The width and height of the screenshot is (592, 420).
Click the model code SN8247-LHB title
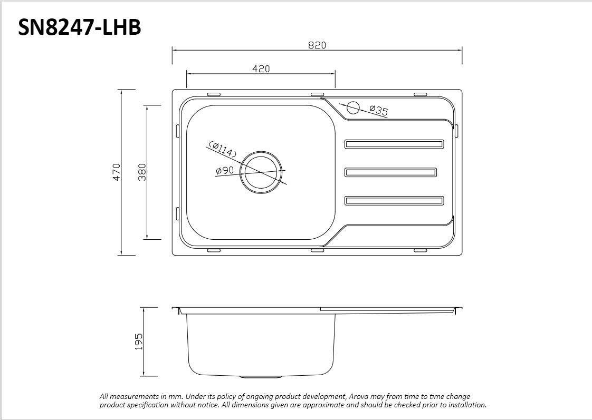coord(80,27)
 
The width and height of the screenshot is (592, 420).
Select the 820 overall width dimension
coord(317,45)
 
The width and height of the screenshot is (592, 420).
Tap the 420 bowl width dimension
coord(261,69)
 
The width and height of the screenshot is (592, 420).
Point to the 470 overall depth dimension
coord(117,172)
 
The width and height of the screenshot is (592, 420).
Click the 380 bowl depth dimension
coord(142,172)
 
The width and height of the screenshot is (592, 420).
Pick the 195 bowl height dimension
coord(139,341)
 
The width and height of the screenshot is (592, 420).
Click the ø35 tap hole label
coord(379,110)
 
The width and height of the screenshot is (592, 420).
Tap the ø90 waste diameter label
coord(225,170)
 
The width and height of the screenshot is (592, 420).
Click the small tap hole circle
coord(352,108)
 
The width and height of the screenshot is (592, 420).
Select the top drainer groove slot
coord(394,144)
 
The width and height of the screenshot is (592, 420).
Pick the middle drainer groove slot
coord(390,172)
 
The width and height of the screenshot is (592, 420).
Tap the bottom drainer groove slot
coord(394,200)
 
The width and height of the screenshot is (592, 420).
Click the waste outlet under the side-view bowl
coord(261,377)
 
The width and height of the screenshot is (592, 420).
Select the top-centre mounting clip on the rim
coord(317,94)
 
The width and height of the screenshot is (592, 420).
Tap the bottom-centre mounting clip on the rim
coord(317,250)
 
